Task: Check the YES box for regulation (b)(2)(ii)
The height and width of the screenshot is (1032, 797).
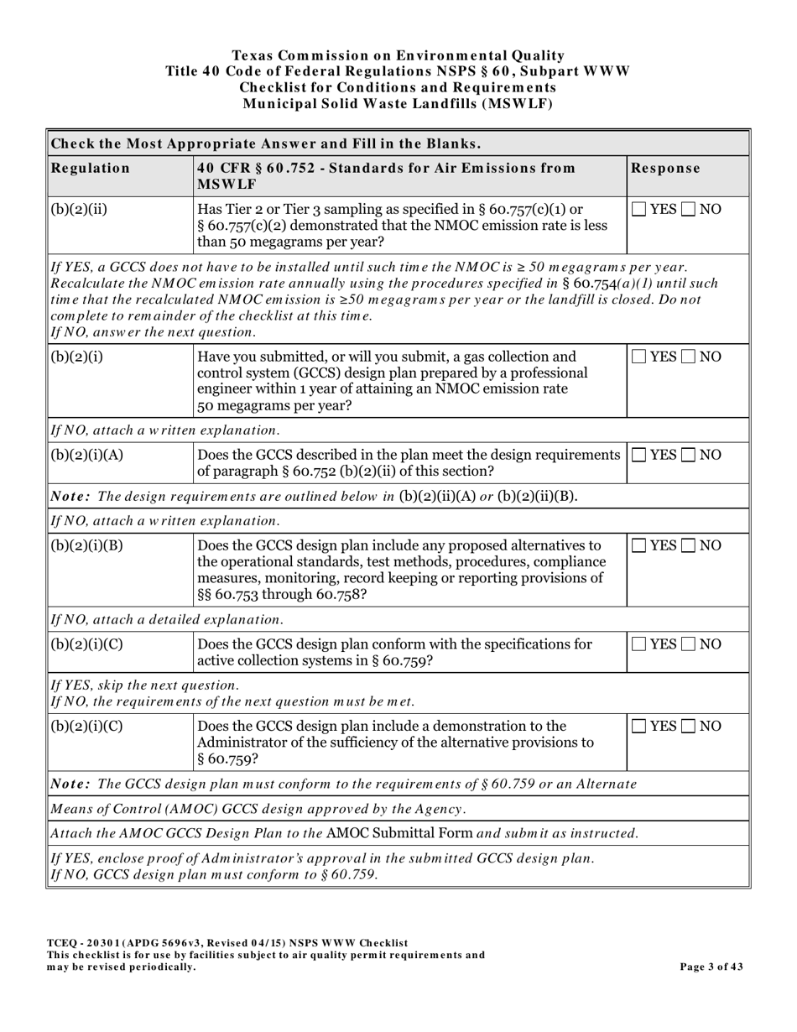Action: pos(639,209)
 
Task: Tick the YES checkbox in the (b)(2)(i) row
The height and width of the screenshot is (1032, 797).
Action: pos(639,357)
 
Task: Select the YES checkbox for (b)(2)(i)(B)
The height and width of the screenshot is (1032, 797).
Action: pos(639,545)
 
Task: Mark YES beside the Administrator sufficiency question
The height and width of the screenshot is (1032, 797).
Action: pos(639,726)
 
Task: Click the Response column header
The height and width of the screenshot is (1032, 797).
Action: pos(665,168)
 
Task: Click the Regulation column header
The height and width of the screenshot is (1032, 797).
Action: pos(91,168)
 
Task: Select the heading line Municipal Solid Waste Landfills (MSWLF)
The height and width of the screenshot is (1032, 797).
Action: pos(397,104)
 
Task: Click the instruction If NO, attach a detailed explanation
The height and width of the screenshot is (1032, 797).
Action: pos(167,619)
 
